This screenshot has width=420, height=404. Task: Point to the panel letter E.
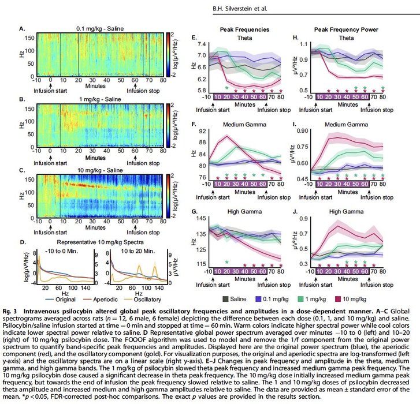(x=195, y=36)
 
